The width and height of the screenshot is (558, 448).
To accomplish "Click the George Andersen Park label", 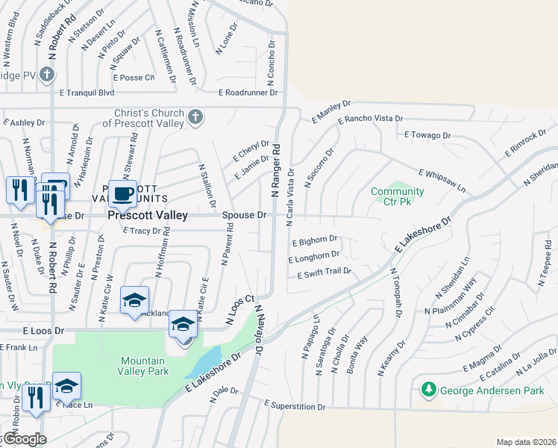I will pos(492,390).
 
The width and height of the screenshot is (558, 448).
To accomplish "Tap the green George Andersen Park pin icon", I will pos(429,390).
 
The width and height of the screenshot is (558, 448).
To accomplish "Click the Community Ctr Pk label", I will pos(398,196).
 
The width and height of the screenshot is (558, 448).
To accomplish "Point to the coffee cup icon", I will pos(122,193).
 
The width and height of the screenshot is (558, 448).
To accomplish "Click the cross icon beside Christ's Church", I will pos(195,116).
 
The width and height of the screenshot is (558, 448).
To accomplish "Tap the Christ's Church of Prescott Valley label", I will pos(148,117).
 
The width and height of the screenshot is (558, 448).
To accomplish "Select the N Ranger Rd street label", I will pos(275,170).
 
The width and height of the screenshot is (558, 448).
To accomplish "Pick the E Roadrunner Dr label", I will pos(248,93).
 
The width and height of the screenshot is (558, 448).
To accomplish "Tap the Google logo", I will pos(23,439).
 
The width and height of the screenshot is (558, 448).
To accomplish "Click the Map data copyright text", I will pos(525,442).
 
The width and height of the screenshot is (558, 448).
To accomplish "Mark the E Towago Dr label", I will pos(427,135).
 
